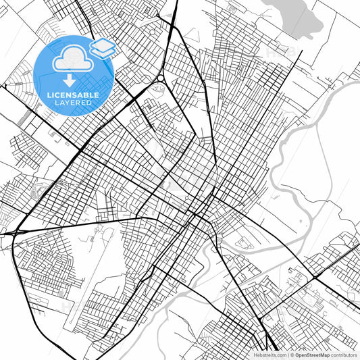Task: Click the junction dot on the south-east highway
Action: pyautogui.click(x=315, y=277)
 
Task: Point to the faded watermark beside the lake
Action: pyautogui.click(x=277, y=51)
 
